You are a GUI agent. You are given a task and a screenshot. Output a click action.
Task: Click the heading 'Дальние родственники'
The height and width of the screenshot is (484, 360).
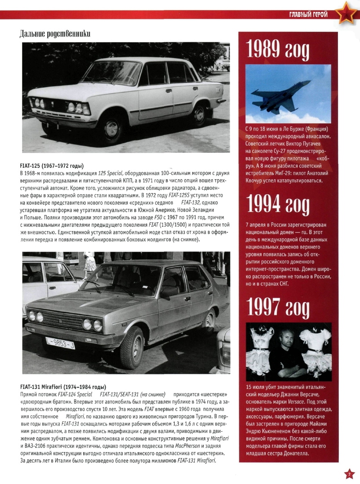55,33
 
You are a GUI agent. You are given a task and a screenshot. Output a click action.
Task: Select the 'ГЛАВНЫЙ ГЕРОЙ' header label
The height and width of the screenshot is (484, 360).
309,15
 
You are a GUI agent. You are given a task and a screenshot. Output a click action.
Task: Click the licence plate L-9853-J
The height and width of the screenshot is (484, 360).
60,342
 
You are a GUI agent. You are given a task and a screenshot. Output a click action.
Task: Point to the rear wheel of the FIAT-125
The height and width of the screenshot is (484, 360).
199,115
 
